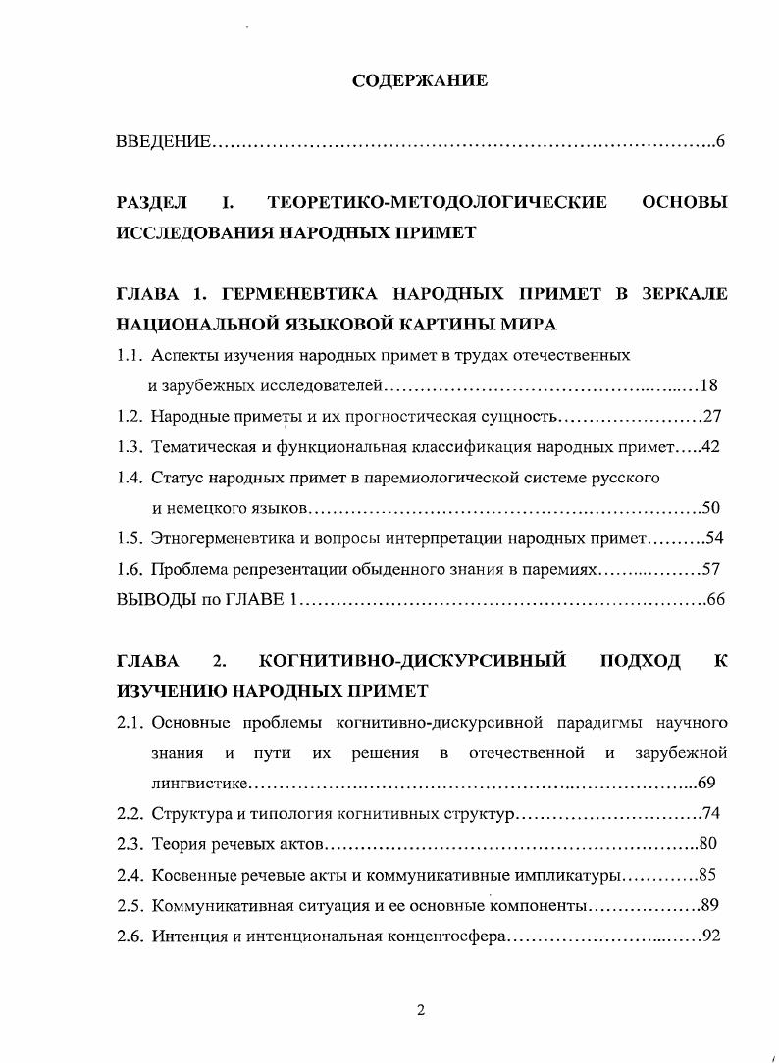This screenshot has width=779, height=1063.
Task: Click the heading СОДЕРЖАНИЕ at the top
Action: tap(420, 81)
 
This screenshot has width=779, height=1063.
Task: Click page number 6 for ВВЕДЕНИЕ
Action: tap(719, 142)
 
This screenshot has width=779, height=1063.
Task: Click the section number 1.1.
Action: tap(129, 355)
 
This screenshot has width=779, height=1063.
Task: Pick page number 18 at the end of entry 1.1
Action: tap(713, 385)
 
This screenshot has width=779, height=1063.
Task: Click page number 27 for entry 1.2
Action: tap(713, 416)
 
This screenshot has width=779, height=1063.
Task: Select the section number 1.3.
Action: tap(129, 447)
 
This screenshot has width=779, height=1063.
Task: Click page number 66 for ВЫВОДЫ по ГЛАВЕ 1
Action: tap(715, 600)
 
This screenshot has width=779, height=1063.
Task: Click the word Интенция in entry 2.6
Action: tap(184, 936)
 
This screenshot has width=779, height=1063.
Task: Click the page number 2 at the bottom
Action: tap(420, 1012)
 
